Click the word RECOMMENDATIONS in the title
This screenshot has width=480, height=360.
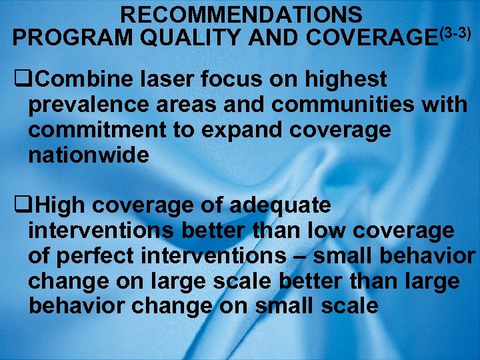pyautogui.click(x=243, y=14)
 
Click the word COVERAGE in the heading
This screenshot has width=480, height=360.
pyautogui.click(x=364, y=37)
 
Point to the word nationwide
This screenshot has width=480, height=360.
pyautogui.click(x=89, y=156)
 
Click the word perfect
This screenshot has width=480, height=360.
pyautogui.click(x=91, y=257)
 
